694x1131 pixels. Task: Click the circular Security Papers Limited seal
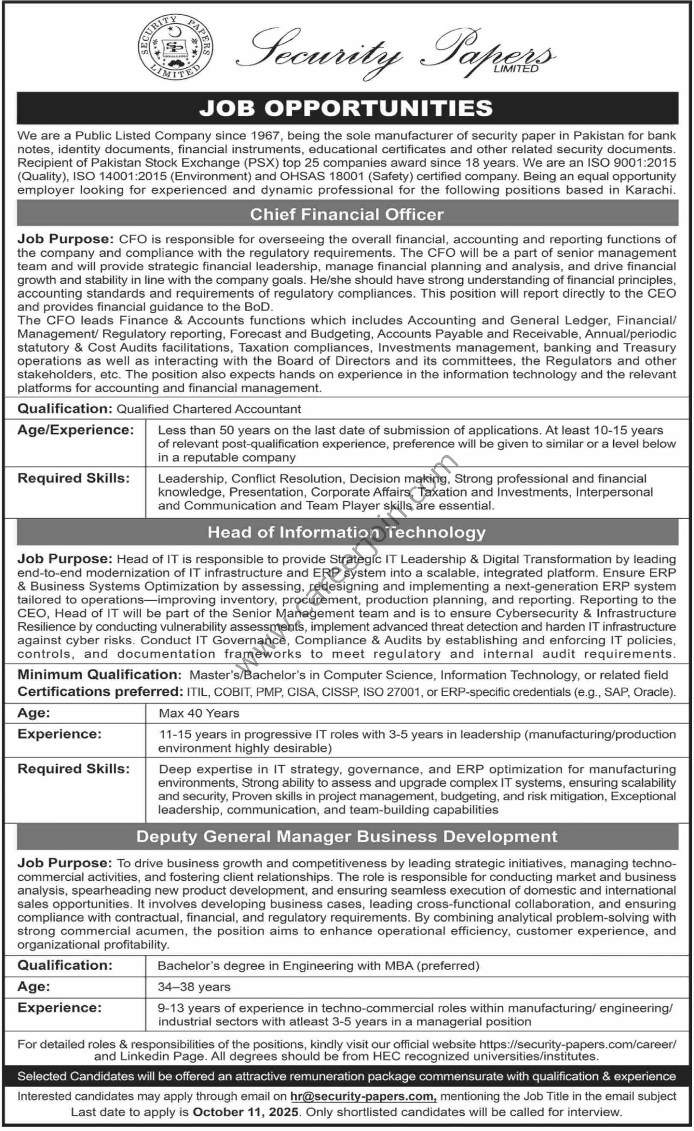[x=176, y=46]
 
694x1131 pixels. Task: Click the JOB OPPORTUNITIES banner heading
[x=347, y=108]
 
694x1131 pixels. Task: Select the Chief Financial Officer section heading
[x=347, y=214]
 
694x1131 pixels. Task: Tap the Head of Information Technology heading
[x=347, y=532]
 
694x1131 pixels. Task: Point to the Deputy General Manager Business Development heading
[x=347, y=836]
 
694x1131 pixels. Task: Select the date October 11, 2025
[x=245, y=1112]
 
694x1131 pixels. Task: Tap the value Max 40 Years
[x=199, y=713]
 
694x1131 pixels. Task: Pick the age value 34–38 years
[x=194, y=987]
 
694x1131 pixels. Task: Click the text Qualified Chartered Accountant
[x=209, y=409]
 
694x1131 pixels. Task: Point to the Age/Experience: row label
[x=76, y=430]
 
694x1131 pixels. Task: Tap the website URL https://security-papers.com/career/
[x=577, y=1044]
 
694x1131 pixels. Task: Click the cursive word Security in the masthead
[x=319, y=53]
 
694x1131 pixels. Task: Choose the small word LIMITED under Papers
[x=516, y=69]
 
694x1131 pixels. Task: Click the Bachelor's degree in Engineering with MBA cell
[x=318, y=966]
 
